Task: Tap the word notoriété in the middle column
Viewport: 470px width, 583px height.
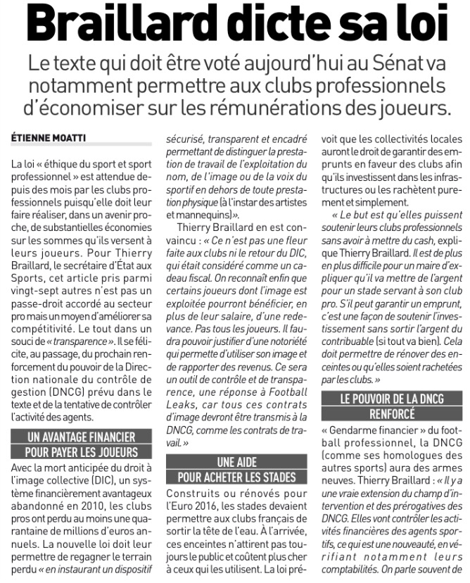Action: click(279, 345)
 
